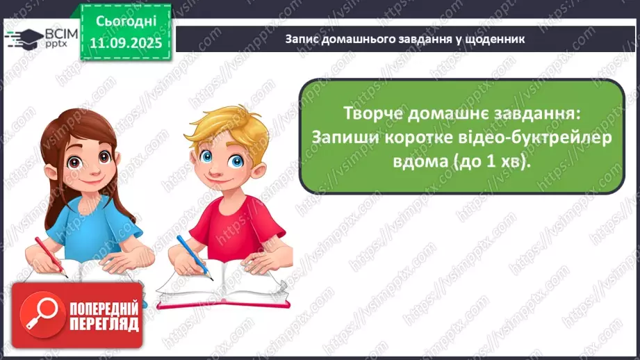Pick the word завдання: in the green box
(546, 113)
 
